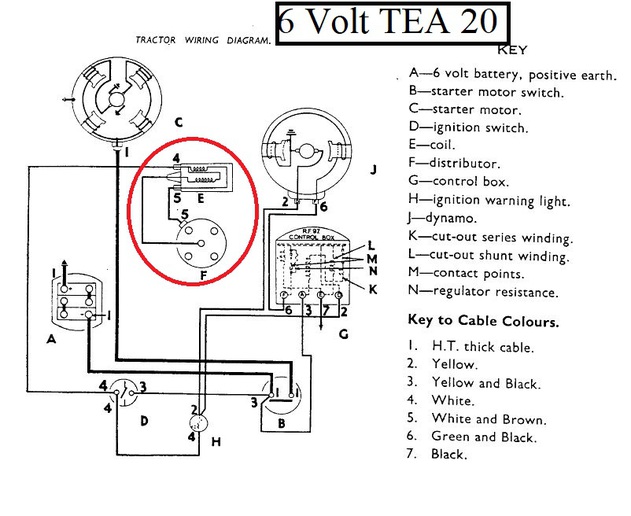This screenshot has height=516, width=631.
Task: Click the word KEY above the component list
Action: coord(511,50)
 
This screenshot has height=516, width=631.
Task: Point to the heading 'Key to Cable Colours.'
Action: coord(484,323)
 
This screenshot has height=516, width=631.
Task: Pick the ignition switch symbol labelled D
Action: coord(124,393)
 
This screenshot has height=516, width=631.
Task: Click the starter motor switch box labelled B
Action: coord(281,403)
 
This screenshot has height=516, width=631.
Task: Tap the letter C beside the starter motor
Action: coord(177,123)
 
